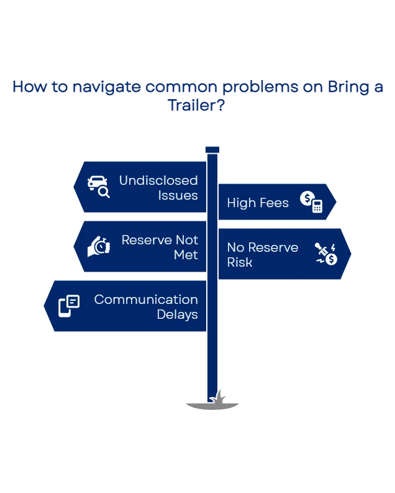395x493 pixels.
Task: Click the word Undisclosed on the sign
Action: pyautogui.click(x=158, y=180)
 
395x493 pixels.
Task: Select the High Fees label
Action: pyautogui.click(x=258, y=203)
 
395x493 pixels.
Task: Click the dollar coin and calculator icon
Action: pyautogui.click(x=311, y=202)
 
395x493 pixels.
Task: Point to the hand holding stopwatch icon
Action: pyautogui.click(x=99, y=246)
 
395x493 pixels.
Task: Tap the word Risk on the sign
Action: pyautogui.click(x=240, y=262)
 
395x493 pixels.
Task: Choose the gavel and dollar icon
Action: pyautogui.click(x=325, y=254)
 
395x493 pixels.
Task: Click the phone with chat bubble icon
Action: pyautogui.click(x=69, y=306)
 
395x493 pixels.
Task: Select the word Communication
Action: pyautogui.click(x=146, y=300)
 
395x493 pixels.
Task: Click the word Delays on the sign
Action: pyautogui.click(x=177, y=314)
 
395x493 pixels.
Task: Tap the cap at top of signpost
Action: pyautogui.click(x=212, y=149)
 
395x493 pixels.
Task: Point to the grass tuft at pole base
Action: pyautogui.click(x=219, y=397)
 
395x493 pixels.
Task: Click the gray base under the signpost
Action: pyautogui.click(x=212, y=407)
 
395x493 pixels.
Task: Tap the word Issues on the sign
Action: pyautogui.click(x=178, y=195)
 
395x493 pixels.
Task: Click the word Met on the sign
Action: pyautogui.click(x=186, y=255)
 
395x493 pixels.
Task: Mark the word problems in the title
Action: pyautogui.click(x=256, y=87)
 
